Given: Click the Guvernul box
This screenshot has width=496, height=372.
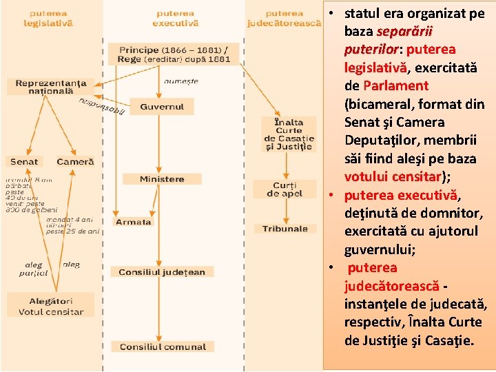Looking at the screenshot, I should [x=162, y=107].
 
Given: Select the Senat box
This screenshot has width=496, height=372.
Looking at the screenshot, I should [x=25, y=162].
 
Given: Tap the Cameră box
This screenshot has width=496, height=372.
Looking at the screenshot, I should [x=75, y=162].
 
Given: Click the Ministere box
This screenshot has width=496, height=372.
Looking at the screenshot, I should [x=162, y=179].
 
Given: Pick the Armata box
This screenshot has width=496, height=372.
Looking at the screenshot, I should [x=133, y=222].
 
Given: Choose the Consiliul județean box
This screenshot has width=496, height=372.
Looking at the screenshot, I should [x=162, y=272].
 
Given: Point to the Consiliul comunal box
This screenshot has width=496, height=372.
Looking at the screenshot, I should [x=162, y=347].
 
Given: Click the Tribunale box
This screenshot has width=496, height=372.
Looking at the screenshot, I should [x=285, y=229].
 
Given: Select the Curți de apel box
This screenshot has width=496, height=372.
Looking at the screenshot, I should [x=285, y=189].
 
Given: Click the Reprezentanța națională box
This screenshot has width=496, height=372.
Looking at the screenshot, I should [x=51, y=87].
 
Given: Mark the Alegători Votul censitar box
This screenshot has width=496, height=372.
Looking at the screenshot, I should [x=51, y=307].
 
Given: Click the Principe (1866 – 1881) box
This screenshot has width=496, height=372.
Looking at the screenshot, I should [x=174, y=54].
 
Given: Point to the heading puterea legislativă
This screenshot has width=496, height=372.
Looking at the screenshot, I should [x=48, y=18].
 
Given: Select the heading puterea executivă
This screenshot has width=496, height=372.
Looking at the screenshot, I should [x=175, y=18].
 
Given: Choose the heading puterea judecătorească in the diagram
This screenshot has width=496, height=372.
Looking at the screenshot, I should [x=285, y=18].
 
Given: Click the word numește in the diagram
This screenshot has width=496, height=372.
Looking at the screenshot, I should [x=181, y=81].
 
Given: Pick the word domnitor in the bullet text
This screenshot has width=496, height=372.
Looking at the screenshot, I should [x=457, y=213].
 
